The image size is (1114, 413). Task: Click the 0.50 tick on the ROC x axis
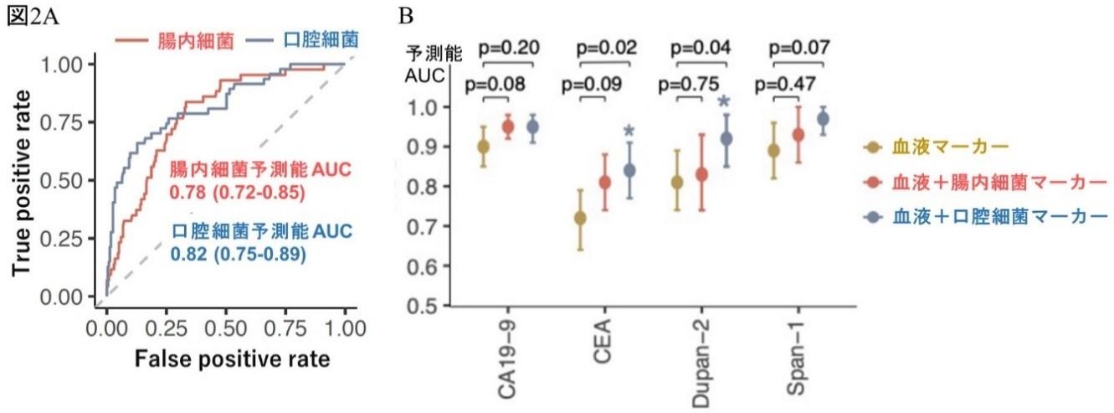(x=226, y=326)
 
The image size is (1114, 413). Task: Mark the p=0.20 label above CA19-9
(x=508, y=48)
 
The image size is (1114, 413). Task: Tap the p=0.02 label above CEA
(x=608, y=48)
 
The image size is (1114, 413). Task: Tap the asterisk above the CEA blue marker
(x=629, y=131)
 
